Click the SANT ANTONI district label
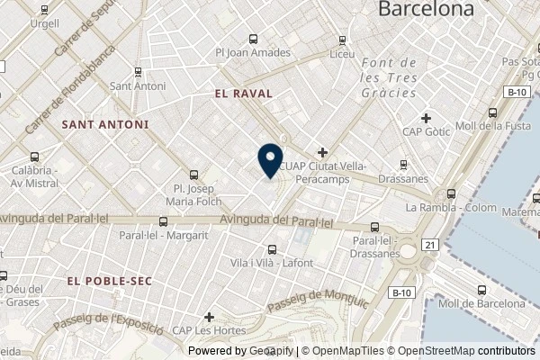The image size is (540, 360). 104,123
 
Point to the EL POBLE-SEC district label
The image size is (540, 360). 110,281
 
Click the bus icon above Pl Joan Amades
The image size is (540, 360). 252,40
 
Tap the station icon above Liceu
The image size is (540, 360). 342,40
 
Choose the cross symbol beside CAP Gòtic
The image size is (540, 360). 427,118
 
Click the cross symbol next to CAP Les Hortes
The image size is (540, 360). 209,317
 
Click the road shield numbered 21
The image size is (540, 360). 431,245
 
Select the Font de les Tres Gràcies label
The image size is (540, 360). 387,78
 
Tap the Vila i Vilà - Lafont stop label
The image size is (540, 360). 272,262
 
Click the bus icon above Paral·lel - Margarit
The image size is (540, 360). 163,221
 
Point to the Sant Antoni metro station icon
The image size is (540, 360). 138,72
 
